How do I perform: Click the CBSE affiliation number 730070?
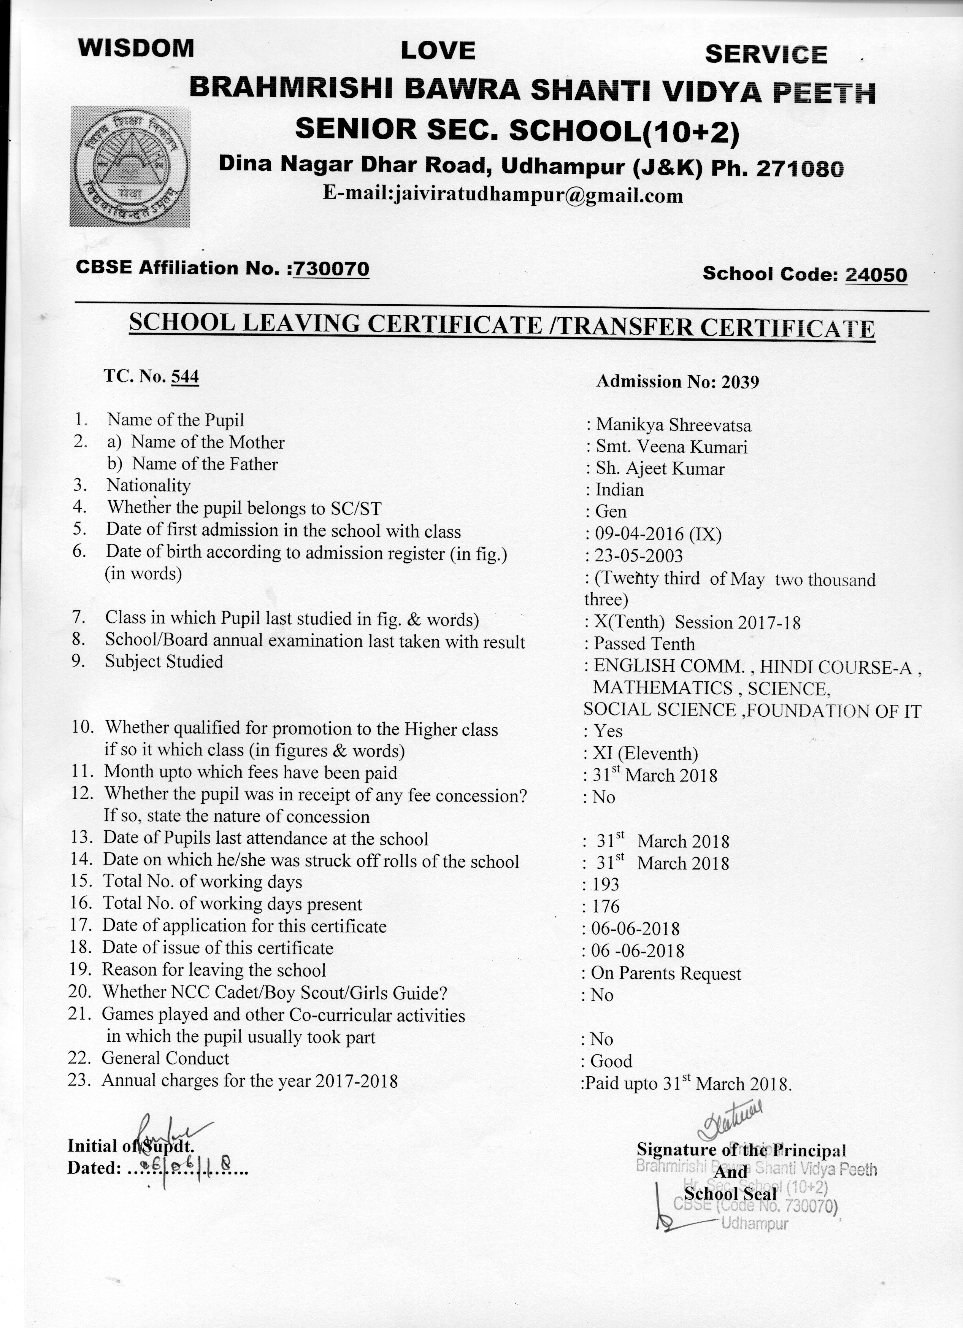[x=332, y=269]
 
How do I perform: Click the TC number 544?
[x=184, y=376]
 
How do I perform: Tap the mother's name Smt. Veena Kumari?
[x=671, y=447]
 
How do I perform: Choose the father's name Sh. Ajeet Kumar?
[x=660, y=469]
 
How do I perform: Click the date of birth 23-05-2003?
[x=639, y=556]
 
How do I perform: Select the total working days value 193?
[x=605, y=885]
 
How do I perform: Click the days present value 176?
[x=605, y=907]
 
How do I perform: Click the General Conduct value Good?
[x=611, y=1061]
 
